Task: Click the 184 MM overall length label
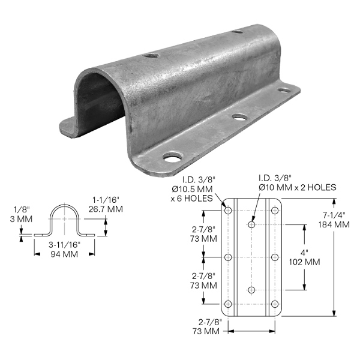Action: click(334, 224)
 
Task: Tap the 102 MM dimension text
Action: click(304, 262)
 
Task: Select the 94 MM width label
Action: click(64, 254)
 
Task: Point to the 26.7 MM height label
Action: click(106, 209)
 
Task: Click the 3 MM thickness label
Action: click(21, 219)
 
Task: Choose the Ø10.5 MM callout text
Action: click(192, 189)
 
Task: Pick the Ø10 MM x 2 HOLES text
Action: click(298, 187)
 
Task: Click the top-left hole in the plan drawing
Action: click(228, 211)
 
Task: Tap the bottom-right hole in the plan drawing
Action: click(275, 304)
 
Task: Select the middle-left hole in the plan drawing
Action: click(228, 257)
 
